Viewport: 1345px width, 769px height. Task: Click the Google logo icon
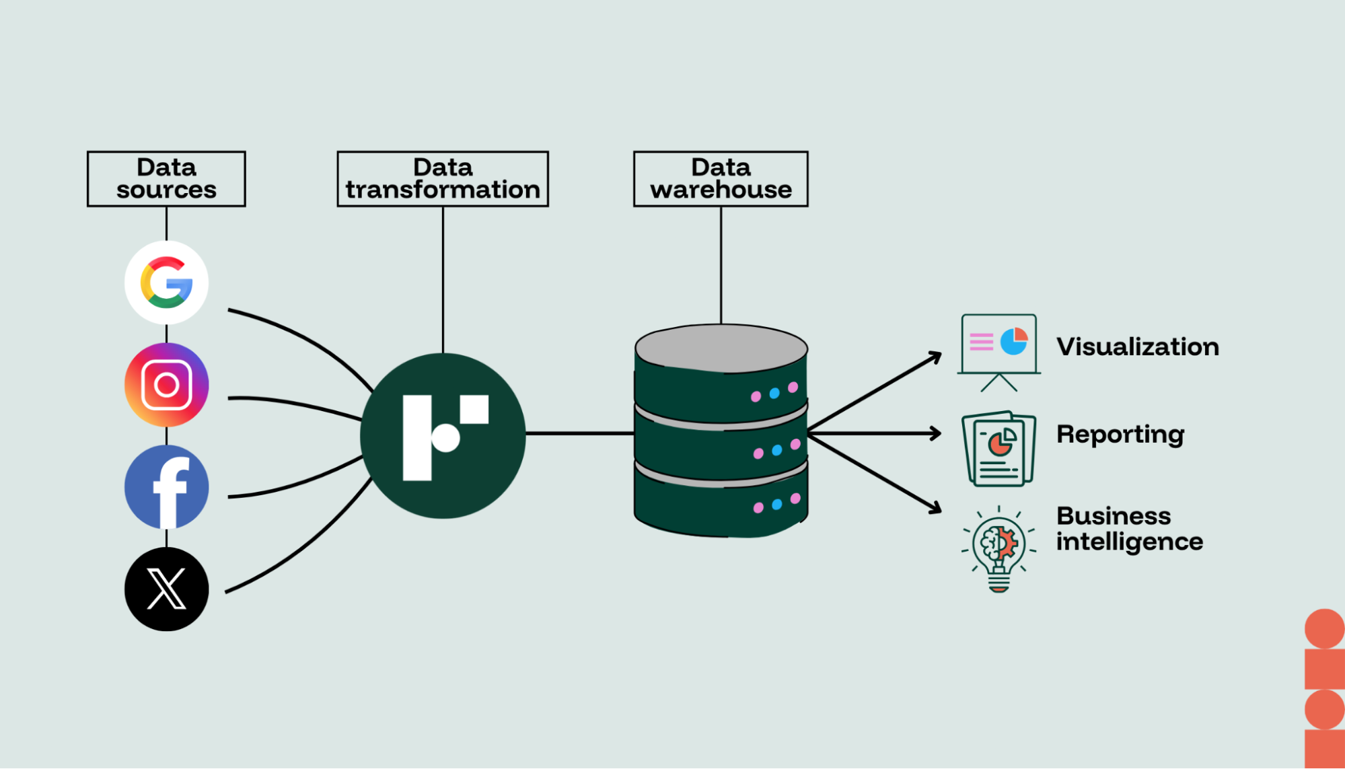point(166,283)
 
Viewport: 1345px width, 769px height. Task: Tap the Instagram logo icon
point(166,385)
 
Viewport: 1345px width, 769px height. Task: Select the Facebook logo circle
point(166,487)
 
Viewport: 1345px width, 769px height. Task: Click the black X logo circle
point(166,589)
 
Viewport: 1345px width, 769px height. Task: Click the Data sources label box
point(166,179)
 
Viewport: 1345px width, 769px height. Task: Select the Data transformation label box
point(443,179)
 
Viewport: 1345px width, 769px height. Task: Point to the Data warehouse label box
point(721,179)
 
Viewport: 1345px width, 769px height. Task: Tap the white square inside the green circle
point(474,410)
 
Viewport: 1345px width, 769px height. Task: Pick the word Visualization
point(1137,347)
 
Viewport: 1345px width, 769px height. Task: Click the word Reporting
point(1120,435)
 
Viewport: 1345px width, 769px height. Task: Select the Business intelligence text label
point(1129,529)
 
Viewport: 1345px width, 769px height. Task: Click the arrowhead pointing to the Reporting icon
point(936,433)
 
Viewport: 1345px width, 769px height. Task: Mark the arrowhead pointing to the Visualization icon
point(935,357)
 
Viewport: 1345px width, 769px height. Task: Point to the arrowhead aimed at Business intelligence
point(935,508)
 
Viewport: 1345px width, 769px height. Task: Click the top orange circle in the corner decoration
point(1324,629)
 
